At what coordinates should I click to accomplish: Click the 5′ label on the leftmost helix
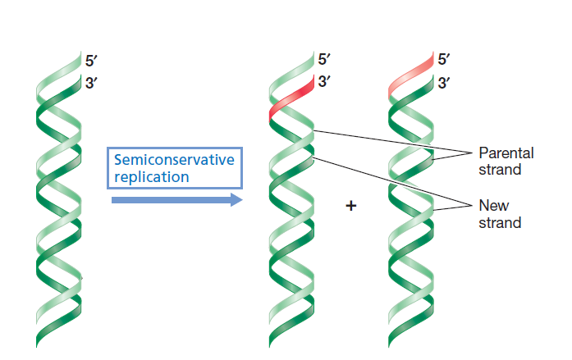point(91,60)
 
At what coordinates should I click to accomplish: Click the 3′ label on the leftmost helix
point(91,83)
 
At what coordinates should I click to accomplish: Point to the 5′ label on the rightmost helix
point(444,60)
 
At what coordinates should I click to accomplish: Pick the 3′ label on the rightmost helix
point(444,83)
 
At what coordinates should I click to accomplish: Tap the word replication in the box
point(151,176)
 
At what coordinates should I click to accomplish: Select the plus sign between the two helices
point(351,207)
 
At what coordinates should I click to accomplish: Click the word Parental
point(506,153)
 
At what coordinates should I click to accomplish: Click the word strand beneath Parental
point(499,170)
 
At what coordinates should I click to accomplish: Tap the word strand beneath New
point(499,223)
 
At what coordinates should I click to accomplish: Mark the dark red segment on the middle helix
point(291,99)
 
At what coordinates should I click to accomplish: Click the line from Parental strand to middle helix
point(386,140)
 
